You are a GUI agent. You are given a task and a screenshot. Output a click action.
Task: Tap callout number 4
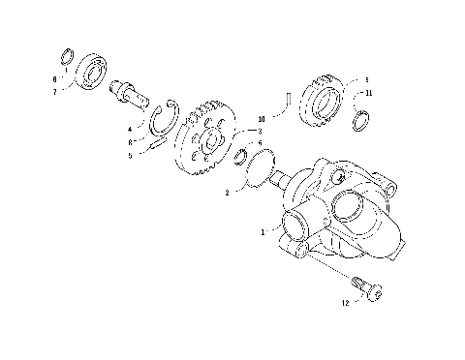pos(130,128)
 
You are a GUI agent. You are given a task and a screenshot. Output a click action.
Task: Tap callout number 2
pos(227,192)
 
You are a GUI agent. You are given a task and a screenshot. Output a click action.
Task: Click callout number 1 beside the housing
pos(262,232)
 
